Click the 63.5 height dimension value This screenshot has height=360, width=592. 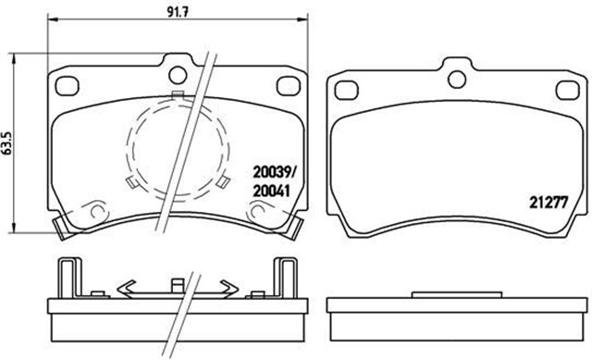pyautogui.click(x=8, y=146)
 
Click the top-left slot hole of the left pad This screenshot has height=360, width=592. pyautogui.click(x=66, y=84)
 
